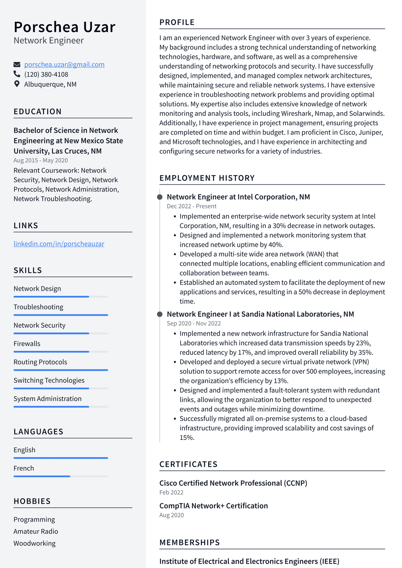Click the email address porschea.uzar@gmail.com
point(64,64)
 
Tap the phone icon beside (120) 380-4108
point(17,74)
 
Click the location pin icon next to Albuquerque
point(17,84)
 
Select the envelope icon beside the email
point(17,64)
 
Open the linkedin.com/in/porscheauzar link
point(59,244)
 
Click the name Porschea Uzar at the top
point(64,27)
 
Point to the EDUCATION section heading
point(38,111)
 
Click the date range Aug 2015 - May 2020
point(40,160)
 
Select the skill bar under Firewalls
point(60,352)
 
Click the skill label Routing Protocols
point(40,362)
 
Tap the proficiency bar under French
point(60,476)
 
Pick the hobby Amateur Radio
point(36,531)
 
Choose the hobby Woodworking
point(35,543)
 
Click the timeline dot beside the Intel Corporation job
point(160,197)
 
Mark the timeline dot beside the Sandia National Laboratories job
point(160,314)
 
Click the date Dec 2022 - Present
point(192,206)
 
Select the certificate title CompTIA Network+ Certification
point(214,506)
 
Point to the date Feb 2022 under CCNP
point(171,492)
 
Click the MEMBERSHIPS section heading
point(190,542)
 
